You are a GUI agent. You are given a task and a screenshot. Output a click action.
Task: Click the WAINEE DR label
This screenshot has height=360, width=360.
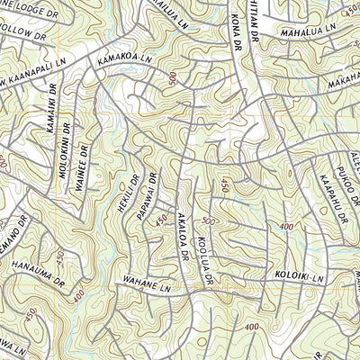[84, 162]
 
